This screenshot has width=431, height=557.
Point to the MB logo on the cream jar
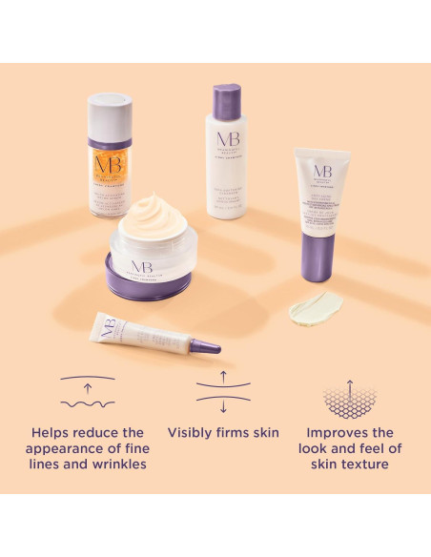click(144, 264)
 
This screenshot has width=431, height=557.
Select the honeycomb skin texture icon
click(350, 396)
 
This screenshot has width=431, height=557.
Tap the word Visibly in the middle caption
click(191, 433)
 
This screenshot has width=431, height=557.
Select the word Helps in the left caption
click(51, 433)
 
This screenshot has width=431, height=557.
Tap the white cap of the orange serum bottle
click(111, 113)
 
